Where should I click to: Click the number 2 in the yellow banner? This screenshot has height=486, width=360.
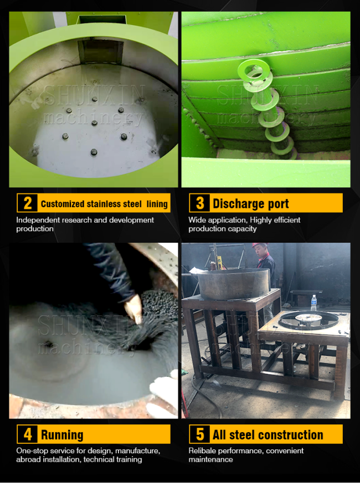tap(28, 203)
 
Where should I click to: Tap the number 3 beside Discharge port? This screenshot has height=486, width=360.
tap(200, 203)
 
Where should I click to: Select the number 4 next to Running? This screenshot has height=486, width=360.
tap(28, 434)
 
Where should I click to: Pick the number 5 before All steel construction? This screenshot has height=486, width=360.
tap(200, 434)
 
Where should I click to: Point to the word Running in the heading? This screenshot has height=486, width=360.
tap(62, 435)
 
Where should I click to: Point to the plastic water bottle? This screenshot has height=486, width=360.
tap(314, 303)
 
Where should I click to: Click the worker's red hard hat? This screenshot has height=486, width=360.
tap(260, 245)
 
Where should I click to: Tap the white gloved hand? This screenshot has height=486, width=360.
tap(163, 393)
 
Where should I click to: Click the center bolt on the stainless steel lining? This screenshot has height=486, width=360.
tap(94, 123)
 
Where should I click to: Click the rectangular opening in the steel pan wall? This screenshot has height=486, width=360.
tap(100, 52)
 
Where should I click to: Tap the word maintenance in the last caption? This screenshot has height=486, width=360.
tap(210, 459)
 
